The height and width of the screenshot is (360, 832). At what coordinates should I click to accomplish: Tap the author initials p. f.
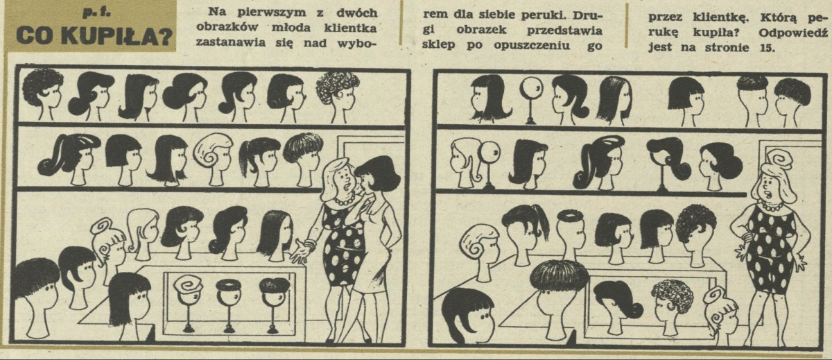pyautogui.click(x=92, y=14)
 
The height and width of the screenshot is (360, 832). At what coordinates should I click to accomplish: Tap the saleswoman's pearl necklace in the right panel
pyautogui.click(x=771, y=205)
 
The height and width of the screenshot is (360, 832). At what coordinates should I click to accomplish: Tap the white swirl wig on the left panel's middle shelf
pyautogui.click(x=212, y=152)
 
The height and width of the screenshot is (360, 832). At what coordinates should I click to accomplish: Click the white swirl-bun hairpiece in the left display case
pyautogui.click(x=188, y=284)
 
